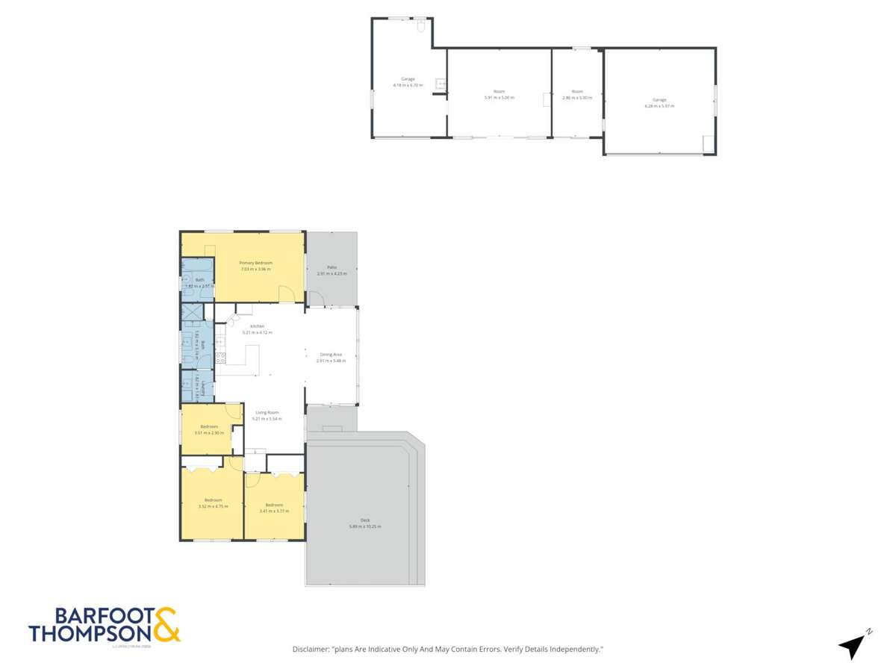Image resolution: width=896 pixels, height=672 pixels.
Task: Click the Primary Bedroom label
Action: [x=255, y=263]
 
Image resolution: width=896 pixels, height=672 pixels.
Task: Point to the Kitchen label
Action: [x=257, y=326]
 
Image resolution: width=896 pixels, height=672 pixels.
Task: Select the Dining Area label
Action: [x=331, y=354]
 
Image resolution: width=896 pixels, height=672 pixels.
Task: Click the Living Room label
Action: [x=267, y=412]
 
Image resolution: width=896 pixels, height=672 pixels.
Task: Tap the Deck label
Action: [x=364, y=520]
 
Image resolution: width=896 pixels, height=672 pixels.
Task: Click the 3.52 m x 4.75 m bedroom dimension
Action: [x=213, y=507]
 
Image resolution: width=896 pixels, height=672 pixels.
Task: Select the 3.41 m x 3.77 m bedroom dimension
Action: [x=273, y=511]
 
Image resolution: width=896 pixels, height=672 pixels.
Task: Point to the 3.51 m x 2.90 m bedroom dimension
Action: [x=208, y=433]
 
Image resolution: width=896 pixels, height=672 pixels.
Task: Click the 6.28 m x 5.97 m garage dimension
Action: [x=659, y=106]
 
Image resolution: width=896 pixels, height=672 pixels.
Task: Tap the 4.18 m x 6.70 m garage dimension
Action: [x=408, y=85]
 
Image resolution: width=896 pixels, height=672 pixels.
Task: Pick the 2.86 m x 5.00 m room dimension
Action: [x=577, y=98]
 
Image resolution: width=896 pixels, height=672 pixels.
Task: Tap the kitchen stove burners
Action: [x=220, y=357]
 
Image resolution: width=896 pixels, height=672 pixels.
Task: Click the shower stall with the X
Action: [x=190, y=313]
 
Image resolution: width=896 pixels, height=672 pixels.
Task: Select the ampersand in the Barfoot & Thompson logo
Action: [x=167, y=626]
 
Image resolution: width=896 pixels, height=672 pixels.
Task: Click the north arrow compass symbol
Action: [x=853, y=644]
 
